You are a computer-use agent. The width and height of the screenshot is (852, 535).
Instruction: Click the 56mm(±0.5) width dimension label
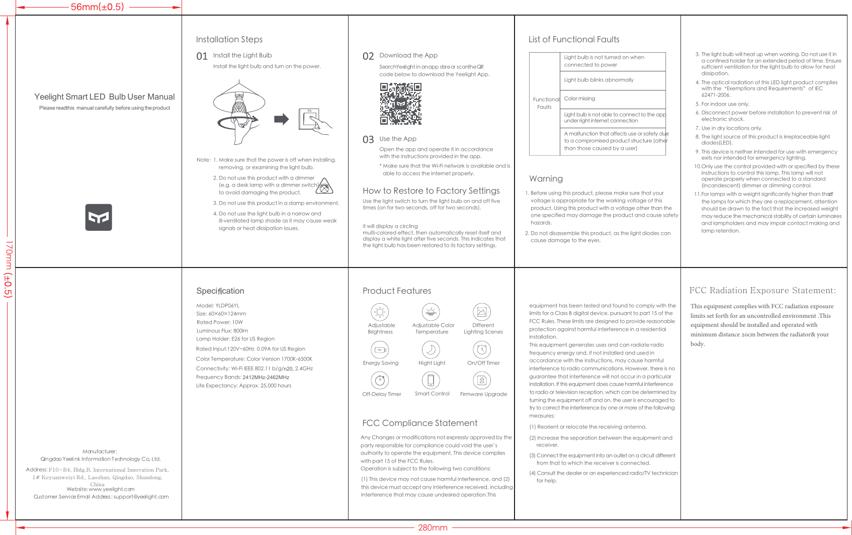[97, 7]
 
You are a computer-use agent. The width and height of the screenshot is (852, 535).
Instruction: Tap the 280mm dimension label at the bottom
[433, 527]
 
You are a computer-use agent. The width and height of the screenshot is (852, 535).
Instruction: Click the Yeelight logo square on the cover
[99, 217]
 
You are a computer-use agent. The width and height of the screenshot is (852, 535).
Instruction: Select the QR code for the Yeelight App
[400, 104]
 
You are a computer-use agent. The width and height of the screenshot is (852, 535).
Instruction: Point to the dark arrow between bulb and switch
[281, 119]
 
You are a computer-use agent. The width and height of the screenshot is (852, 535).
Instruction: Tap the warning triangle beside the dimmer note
[325, 187]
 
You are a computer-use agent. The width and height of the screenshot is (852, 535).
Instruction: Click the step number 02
[368, 56]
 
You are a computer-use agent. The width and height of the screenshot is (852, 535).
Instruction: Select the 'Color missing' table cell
[613, 99]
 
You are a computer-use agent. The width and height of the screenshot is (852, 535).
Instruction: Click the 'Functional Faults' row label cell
[545, 104]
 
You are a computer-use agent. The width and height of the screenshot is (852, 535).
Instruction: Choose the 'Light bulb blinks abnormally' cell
[613, 80]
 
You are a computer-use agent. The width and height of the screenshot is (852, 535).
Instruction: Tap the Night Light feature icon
[431, 349]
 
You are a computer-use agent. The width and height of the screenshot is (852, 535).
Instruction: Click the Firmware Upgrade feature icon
[482, 380]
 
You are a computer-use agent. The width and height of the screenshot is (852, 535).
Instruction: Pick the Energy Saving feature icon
[380, 349]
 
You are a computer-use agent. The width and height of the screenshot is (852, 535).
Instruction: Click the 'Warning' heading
[546, 179]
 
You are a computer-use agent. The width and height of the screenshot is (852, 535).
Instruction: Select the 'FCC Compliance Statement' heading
[419, 423]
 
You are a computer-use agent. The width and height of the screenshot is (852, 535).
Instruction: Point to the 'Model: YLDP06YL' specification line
[218, 305]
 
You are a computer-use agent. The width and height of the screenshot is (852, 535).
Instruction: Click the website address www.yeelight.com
[111, 489]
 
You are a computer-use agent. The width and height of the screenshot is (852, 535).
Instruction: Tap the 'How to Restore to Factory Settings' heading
[431, 191]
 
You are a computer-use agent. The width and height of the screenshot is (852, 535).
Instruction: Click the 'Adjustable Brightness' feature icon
[380, 312]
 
